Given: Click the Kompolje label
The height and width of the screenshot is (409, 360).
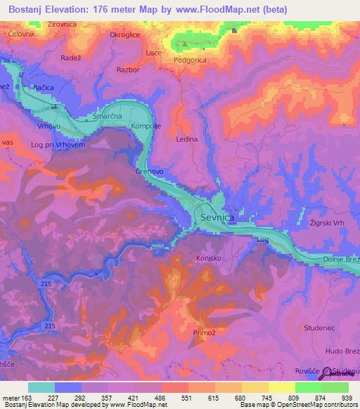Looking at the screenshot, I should (146, 126).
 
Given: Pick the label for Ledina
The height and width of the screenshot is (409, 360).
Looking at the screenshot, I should (186, 139).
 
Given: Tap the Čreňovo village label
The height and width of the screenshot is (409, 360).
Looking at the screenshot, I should (149, 171).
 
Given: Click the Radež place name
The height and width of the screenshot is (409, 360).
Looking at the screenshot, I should (73, 58).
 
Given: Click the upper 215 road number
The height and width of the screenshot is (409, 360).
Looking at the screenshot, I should (46, 283).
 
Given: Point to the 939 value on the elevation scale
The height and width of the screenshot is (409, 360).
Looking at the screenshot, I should (345, 397).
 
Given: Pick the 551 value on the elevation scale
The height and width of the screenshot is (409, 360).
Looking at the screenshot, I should (186, 397).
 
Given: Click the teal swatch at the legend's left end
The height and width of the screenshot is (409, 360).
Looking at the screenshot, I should (41, 387).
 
